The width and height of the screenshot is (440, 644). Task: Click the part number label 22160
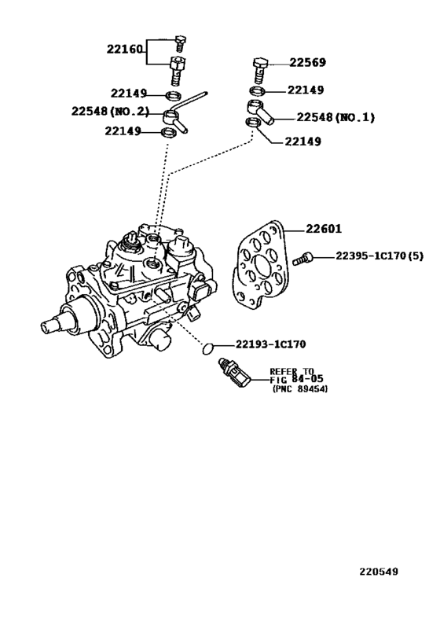coord(125,49)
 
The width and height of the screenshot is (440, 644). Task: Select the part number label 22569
coord(307,63)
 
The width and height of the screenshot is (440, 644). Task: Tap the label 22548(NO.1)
coord(335,117)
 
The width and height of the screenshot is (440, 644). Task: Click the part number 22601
coord(323,230)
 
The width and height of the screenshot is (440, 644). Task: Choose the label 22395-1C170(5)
coord(378,256)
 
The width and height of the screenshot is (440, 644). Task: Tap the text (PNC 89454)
coord(300,388)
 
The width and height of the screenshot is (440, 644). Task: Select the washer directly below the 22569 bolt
coord(258,90)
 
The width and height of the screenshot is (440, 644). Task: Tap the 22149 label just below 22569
coord(306,90)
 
